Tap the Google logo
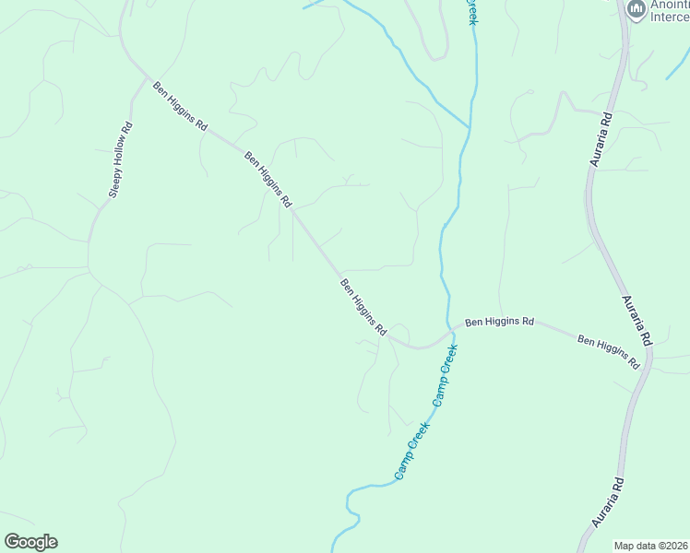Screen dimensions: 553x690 [30, 542]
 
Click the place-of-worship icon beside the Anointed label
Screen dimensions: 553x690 [635, 9]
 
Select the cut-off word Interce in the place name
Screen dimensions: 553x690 [671, 16]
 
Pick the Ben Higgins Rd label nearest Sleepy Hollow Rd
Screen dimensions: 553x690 [180, 106]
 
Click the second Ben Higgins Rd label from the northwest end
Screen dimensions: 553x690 [268, 179]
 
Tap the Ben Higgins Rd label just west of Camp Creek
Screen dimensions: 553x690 [363, 307]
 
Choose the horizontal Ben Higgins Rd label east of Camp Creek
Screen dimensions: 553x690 [499, 323]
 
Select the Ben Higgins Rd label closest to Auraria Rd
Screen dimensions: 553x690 [609, 352]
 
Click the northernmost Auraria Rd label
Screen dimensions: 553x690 [601, 140]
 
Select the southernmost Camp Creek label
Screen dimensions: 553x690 [411, 450]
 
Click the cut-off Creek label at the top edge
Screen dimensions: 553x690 [472, 11]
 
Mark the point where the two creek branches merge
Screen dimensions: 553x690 [470, 126]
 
